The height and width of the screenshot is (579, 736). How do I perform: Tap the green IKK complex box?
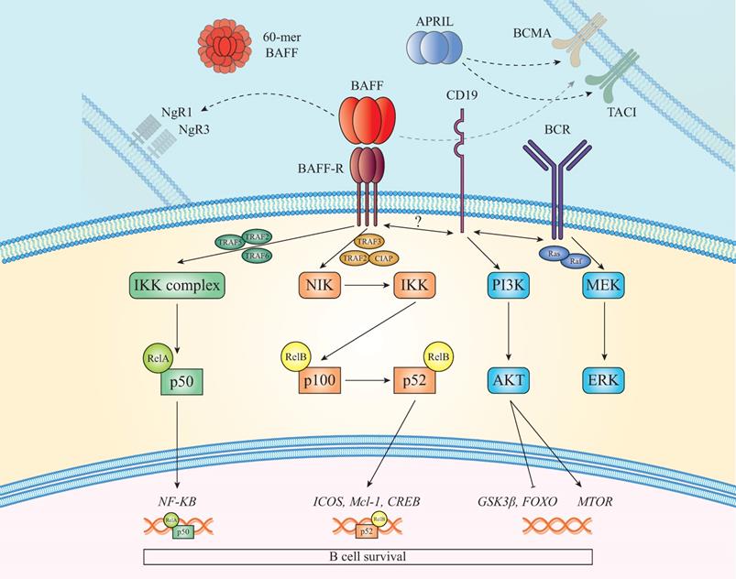pyautogui.click(x=175, y=287)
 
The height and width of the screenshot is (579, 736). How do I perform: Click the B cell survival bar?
pyautogui.click(x=367, y=556)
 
